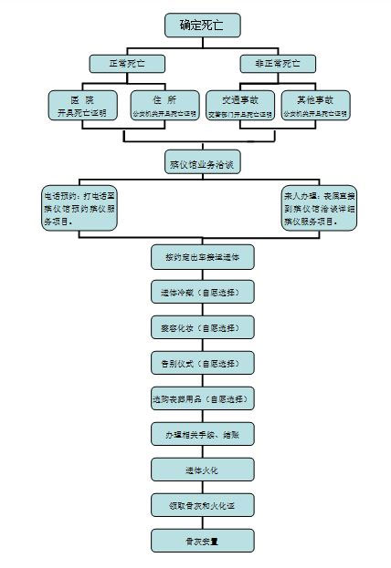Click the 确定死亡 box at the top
[x=202, y=25]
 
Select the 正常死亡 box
[x=127, y=64]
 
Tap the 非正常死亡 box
[x=278, y=64]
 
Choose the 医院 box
[x=81, y=105]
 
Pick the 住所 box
[x=165, y=105]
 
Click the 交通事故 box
[x=239, y=105]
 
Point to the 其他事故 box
[x=315, y=105]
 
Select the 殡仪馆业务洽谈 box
[x=202, y=165]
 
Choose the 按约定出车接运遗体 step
[x=202, y=257]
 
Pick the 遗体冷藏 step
[x=202, y=293]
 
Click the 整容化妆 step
[x=202, y=328]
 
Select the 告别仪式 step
[x=202, y=363]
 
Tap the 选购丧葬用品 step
[x=202, y=398]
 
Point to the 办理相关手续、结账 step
[x=202, y=434]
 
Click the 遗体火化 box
[x=202, y=470]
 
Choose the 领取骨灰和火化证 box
[x=202, y=504]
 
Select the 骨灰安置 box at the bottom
[x=202, y=541]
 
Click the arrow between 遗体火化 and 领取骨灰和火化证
[x=202, y=487]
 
